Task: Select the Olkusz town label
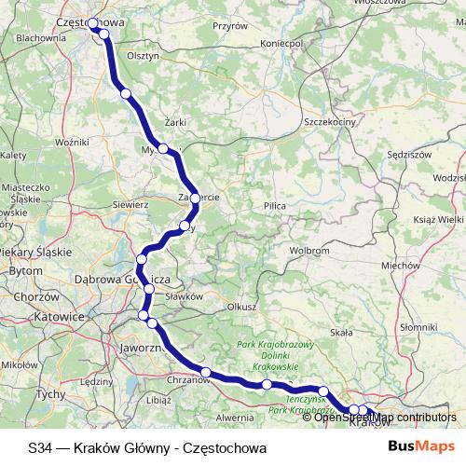point(241,306)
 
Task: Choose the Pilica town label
point(274,204)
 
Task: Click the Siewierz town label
point(130,203)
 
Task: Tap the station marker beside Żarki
point(163,148)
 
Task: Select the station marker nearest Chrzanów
point(207,373)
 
